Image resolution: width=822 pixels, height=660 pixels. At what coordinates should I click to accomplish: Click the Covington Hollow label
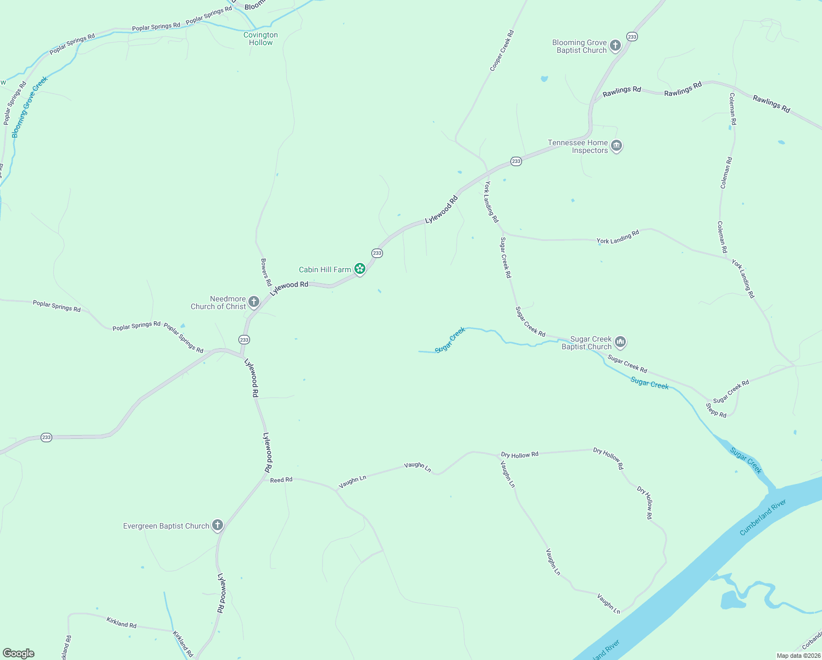click(x=260, y=38)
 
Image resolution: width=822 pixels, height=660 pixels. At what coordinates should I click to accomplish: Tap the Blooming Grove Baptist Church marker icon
click(x=615, y=46)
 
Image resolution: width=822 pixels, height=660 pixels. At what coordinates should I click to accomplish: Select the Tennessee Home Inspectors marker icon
click(x=616, y=146)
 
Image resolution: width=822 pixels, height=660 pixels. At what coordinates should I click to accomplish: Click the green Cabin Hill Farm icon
click(x=360, y=269)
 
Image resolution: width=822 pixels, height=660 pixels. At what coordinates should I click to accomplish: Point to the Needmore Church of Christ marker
click(x=254, y=301)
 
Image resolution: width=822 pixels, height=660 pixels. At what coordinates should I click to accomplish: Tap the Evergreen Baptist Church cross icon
click(x=218, y=525)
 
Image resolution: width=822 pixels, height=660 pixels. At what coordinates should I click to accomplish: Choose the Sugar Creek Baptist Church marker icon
click(x=620, y=342)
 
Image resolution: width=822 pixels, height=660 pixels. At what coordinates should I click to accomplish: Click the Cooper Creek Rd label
click(x=502, y=51)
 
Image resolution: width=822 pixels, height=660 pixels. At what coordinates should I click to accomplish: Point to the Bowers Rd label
click(x=266, y=272)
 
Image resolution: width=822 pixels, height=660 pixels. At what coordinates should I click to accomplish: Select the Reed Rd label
click(x=281, y=480)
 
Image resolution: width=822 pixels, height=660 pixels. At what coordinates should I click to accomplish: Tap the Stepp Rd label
click(x=716, y=410)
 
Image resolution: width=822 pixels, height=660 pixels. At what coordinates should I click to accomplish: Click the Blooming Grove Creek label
click(x=30, y=107)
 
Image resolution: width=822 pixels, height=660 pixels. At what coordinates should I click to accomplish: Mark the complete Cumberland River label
click(x=763, y=517)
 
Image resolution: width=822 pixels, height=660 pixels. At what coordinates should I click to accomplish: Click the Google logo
click(x=19, y=653)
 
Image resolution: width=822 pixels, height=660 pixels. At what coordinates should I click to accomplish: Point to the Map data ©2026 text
click(x=798, y=656)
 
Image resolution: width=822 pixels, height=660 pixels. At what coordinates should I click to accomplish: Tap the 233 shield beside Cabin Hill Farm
click(x=377, y=253)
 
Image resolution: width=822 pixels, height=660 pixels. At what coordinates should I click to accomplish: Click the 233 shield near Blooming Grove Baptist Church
click(x=632, y=37)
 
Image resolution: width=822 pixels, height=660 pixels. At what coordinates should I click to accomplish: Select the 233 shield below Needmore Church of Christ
click(x=245, y=340)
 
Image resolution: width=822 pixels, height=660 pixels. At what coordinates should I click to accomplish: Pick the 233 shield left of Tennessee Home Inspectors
click(x=516, y=161)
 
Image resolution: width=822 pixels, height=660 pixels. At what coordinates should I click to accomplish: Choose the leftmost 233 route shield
click(x=46, y=438)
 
